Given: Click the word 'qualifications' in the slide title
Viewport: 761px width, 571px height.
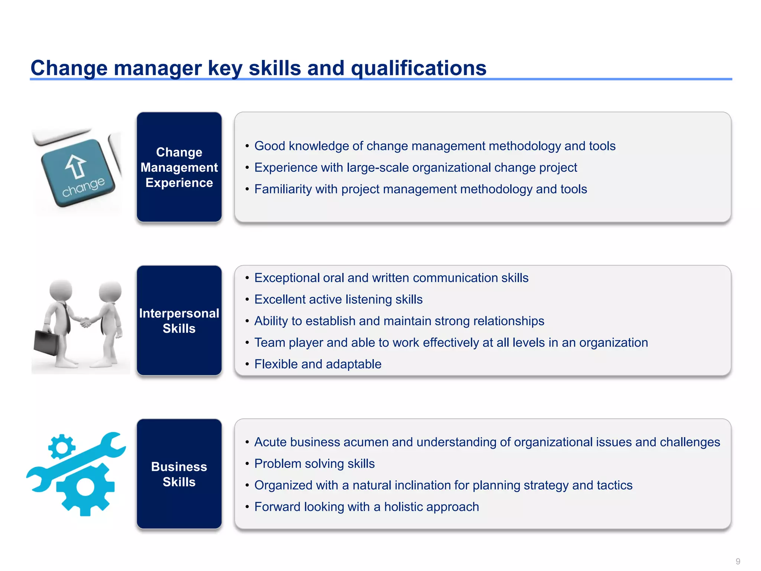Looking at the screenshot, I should tap(418, 68).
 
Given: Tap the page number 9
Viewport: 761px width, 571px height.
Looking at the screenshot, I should tap(738, 561).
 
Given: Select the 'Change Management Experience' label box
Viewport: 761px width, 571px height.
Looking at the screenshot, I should tap(179, 167).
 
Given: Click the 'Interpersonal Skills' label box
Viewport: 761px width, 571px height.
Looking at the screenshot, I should tap(179, 320).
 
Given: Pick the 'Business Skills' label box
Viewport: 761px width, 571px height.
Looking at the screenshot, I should tap(179, 474).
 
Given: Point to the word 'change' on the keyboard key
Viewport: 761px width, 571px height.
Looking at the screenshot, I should tap(83, 187).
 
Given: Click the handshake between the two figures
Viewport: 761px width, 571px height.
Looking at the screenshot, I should tap(85, 322).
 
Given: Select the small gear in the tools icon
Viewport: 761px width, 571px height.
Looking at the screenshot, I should tap(61, 446).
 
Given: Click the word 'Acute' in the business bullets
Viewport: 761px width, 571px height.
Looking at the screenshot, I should tap(271, 442).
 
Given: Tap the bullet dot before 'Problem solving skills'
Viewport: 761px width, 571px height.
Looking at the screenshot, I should tap(247, 464).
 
